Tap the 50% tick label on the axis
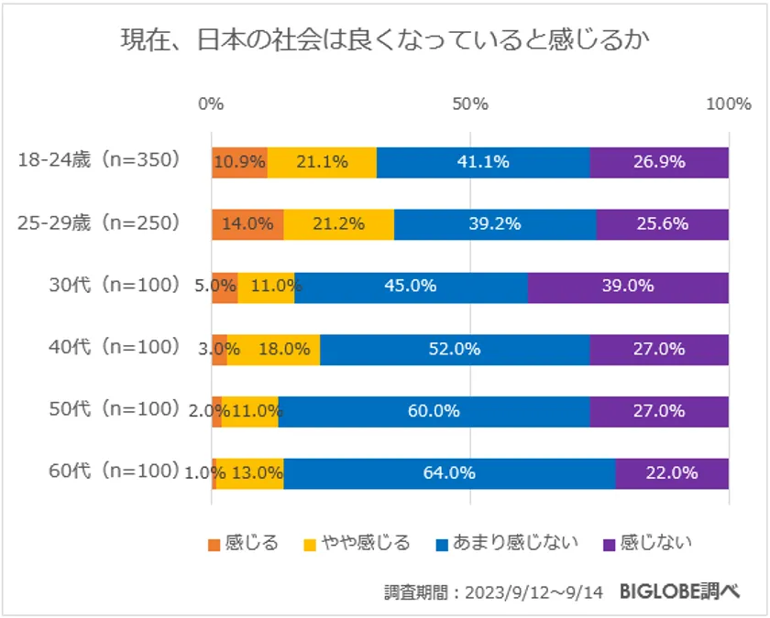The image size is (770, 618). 470,103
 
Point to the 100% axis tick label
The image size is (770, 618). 728,103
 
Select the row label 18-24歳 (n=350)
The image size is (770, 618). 100,161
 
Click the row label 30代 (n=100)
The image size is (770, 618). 113,285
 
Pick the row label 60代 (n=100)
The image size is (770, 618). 113,472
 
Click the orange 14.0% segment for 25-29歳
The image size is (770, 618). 247,224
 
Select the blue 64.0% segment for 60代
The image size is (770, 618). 449,473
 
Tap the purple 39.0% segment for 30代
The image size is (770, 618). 628,287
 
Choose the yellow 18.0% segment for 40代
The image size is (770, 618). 273,349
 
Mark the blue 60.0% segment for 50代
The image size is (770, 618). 434,411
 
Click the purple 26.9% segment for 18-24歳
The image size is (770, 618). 659,162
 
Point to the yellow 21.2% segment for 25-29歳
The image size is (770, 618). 339,224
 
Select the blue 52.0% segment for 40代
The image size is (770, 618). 455,349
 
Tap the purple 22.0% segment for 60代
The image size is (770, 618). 672,473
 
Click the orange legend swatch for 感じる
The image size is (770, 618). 214,544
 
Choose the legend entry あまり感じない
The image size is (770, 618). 508,543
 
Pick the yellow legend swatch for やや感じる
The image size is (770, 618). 310,544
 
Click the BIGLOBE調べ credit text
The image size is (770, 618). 678,591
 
